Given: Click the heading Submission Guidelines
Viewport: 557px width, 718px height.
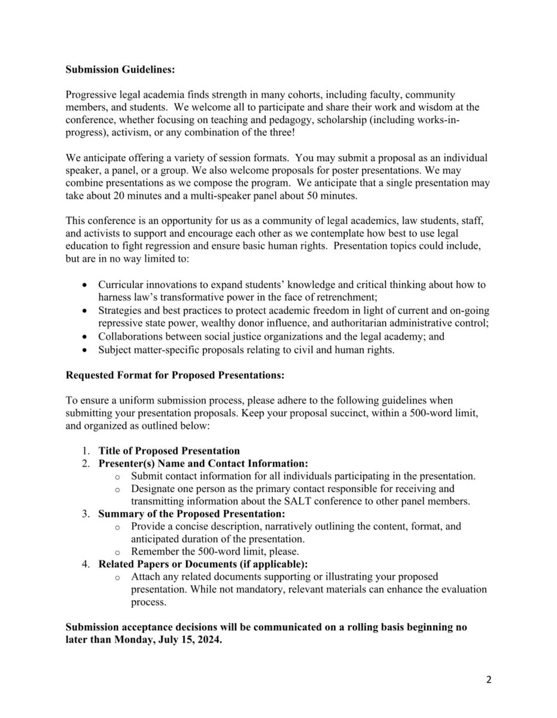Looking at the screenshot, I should (120, 69).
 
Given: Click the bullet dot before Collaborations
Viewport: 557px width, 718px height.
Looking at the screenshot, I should (87, 337).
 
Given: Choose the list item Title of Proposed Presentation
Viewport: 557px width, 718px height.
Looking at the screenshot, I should (169, 451).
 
